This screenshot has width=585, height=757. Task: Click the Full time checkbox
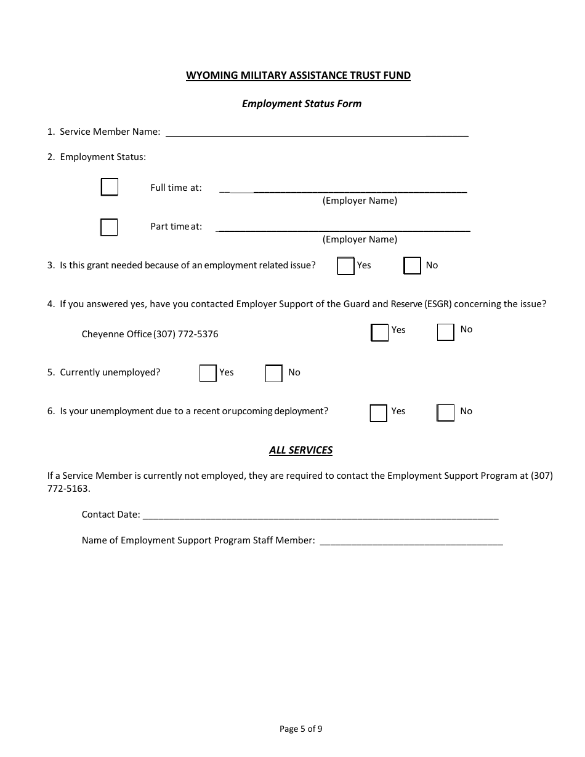[110, 187]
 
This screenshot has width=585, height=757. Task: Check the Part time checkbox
[109, 227]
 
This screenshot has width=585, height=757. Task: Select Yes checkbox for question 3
[346, 266]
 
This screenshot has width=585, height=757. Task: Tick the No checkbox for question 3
[413, 266]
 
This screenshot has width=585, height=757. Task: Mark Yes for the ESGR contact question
[380, 332]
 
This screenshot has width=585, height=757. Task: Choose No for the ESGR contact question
[446, 332]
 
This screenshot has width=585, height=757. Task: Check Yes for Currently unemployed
[208, 374]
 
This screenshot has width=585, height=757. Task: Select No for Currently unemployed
[274, 374]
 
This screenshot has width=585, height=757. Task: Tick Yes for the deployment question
[379, 413]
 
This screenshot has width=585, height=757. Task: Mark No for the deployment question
[446, 413]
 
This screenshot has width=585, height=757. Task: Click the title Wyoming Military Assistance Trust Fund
[299, 76]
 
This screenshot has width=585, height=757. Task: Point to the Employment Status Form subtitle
[302, 103]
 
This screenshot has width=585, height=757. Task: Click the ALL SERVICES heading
[301, 450]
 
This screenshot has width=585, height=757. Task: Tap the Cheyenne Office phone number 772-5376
[198, 334]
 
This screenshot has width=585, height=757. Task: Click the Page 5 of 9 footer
[301, 729]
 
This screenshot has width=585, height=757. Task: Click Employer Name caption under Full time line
[360, 201]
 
